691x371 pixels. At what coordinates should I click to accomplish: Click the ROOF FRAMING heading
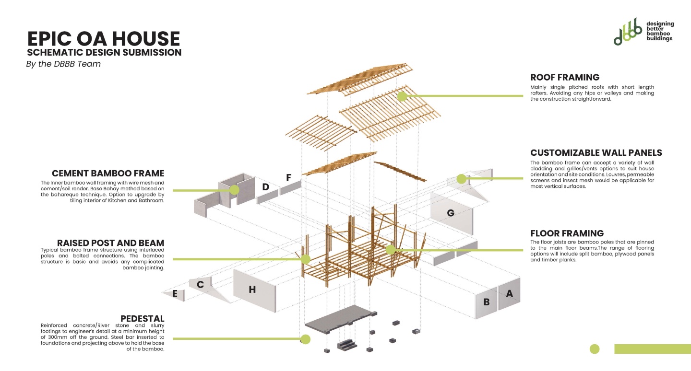pos(565,77)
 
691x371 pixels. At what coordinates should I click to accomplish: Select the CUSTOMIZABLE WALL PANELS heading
pos(596,153)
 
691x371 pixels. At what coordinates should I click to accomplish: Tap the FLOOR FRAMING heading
pos(567,233)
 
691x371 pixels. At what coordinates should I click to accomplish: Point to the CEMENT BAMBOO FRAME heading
pos(108,174)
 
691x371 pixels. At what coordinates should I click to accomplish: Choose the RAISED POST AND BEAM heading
pos(110,243)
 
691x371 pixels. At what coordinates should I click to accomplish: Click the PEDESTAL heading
pos(142,319)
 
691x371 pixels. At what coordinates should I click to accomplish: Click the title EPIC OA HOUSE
pos(104,39)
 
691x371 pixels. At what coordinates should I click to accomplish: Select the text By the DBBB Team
pos(63,64)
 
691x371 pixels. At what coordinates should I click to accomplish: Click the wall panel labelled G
pos(451,213)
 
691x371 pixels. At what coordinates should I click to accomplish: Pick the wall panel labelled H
pos(252,290)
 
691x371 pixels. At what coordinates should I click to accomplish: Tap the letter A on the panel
pos(509,293)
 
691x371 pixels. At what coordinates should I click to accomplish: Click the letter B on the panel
pos(486,302)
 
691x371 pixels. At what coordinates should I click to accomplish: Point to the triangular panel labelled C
pos(201,285)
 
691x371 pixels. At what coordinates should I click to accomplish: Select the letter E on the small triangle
pos(175,294)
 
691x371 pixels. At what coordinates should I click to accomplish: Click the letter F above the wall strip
pos(289,178)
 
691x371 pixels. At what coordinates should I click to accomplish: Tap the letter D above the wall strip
pos(265,187)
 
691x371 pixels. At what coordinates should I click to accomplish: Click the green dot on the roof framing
pos(402,96)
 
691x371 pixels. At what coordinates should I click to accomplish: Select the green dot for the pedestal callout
pos(305,339)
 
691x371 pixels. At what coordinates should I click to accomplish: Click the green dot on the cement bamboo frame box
pos(234,190)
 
